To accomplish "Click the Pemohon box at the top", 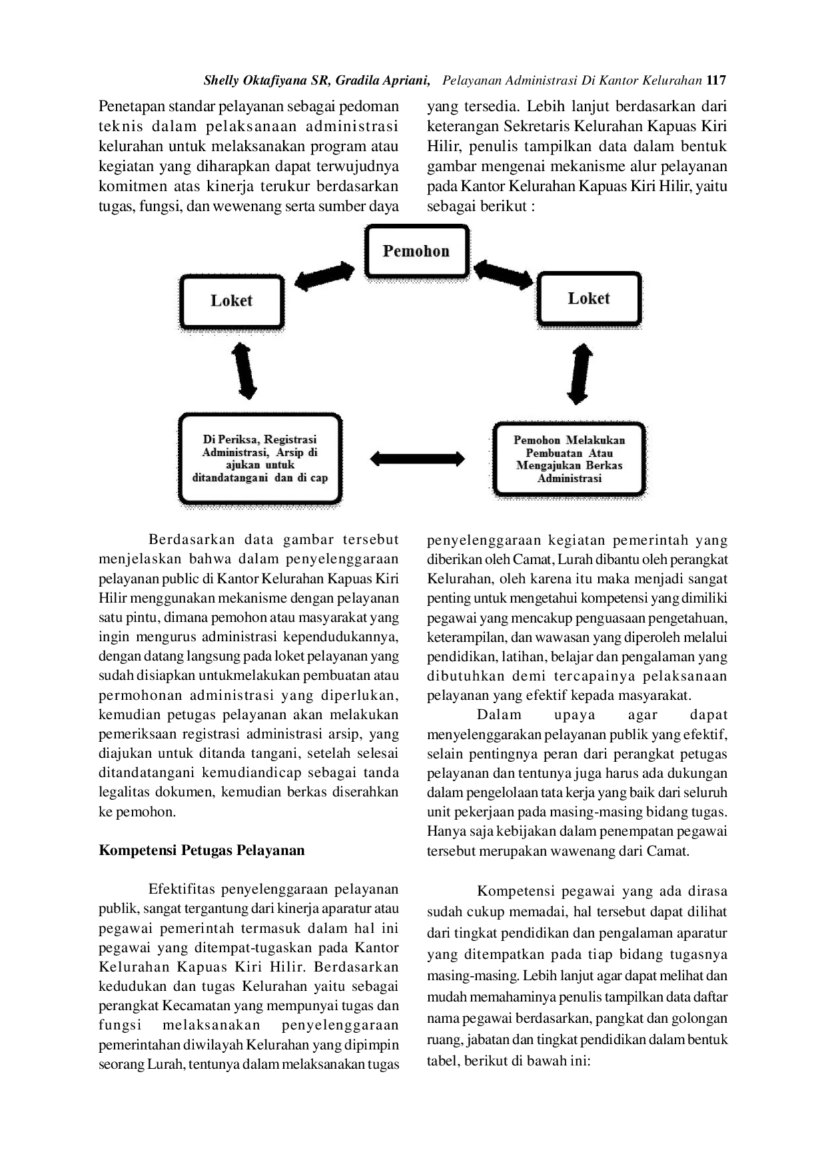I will pos(416,251).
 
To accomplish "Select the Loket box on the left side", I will pos(232,300).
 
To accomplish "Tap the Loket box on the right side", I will pos(589,298).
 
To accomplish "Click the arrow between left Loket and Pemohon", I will pos(324,276).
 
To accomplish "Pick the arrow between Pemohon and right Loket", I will pos(503,274).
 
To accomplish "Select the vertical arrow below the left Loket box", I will pos(244,371).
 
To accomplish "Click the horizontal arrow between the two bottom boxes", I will pos(417,458).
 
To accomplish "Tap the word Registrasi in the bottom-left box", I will pos(290,439).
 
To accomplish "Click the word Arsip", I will pos(290,452).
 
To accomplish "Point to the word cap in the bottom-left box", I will pos(318,477).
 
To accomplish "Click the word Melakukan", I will pos(596,440).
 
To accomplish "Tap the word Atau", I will pos(601,453).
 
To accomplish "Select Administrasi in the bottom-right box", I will pos(570,478).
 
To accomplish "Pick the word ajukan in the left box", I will pos(243,465).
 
